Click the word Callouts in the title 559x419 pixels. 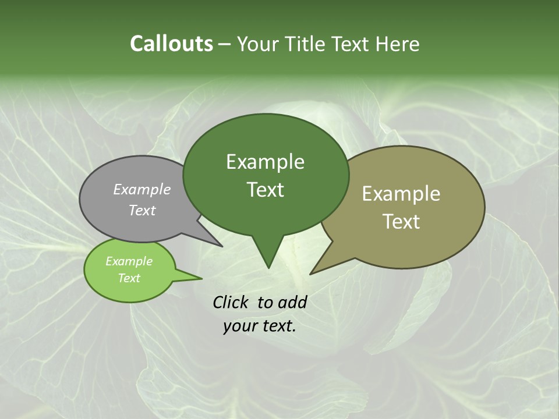click(171, 44)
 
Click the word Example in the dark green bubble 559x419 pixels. click(265, 162)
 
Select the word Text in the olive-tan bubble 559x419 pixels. click(401, 221)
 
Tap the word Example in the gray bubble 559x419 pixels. click(141, 189)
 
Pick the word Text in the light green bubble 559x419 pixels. click(129, 278)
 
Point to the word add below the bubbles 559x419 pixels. click(292, 302)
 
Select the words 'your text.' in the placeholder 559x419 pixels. click(259, 326)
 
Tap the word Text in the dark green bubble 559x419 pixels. click(265, 190)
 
